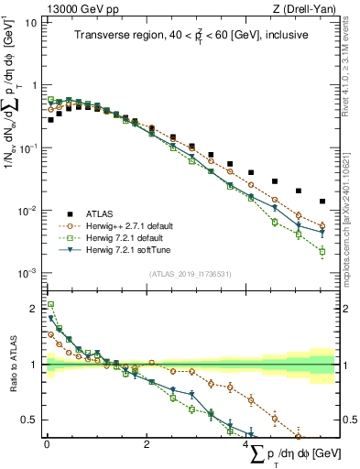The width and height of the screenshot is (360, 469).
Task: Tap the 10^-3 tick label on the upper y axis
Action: click(28, 273)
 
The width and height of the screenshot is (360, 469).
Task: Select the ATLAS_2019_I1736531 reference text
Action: click(190, 274)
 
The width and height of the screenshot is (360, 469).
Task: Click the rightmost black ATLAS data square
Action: click(322, 201)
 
